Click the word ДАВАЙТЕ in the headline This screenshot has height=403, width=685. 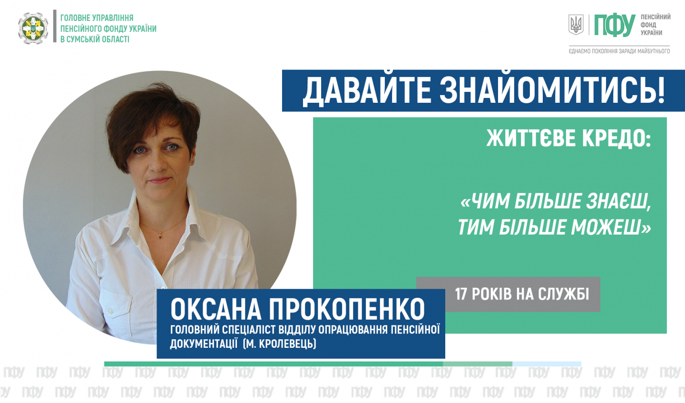pos(366,91)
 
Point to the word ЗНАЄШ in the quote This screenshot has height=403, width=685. pos(618,202)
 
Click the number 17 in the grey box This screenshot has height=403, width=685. pos(461,294)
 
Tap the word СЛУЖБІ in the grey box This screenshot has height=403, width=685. pos(563,294)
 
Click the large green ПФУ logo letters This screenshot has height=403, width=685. pos(615,26)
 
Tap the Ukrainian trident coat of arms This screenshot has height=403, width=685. pos(576,24)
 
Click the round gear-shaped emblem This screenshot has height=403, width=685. pos(33,28)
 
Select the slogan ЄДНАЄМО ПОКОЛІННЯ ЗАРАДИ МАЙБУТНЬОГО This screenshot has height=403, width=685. pos(619,51)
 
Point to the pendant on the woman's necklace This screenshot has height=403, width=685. pos(161,236)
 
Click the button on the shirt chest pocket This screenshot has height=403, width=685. pos(110,311)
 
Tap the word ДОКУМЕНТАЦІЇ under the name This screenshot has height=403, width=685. pos(204,344)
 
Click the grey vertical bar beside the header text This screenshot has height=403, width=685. pos(55,26)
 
